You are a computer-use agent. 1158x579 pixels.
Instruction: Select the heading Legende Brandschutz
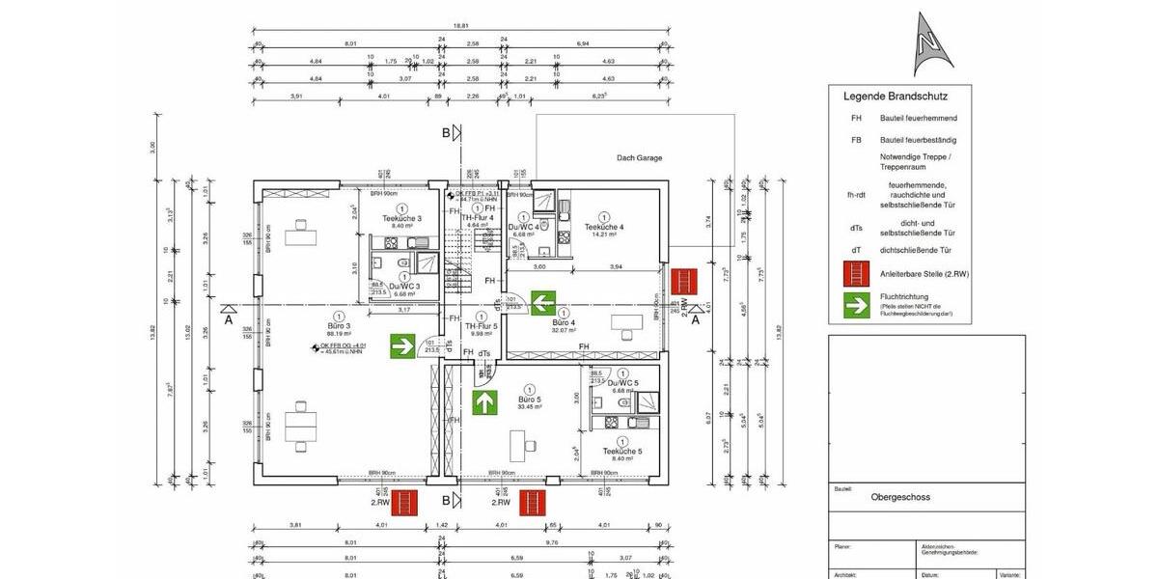click(x=895, y=96)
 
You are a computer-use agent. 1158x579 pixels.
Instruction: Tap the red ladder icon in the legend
click(x=855, y=273)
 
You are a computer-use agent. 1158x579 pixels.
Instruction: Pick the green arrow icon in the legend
click(x=855, y=305)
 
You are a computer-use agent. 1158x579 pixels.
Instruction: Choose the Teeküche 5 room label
click(x=621, y=452)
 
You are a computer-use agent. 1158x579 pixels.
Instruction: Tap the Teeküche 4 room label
click(x=604, y=227)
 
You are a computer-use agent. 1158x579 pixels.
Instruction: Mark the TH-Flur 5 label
click(x=481, y=326)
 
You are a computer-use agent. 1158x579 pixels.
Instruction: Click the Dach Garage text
click(x=639, y=157)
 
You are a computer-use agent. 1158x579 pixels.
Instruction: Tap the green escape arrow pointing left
click(x=541, y=304)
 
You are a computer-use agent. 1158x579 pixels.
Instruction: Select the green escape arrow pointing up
click(x=482, y=401)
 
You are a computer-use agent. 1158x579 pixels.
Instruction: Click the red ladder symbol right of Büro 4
click(x=685, y=283)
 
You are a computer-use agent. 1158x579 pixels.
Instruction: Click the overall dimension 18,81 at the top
click(x=461, y=27)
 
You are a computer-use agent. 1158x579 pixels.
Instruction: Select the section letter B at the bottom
click(x=445, y=500)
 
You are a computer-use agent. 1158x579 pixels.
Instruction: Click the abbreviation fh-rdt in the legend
click(x=855, y=194)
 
